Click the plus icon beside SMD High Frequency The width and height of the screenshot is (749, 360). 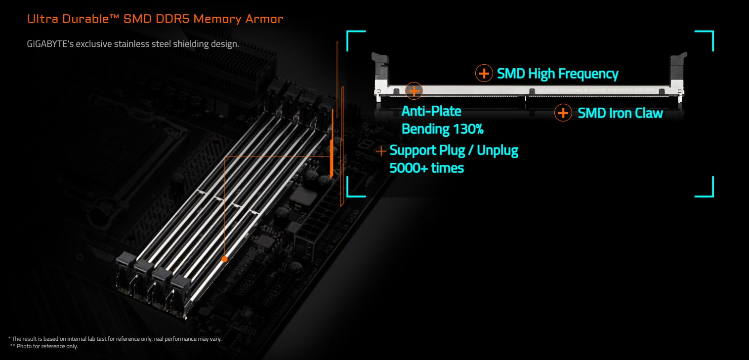(x=484, y=74)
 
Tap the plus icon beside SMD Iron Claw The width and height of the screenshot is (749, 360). (x=563, y=113)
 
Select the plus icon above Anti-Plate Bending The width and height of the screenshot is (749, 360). (x=414, y=90)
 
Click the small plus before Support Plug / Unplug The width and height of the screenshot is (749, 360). (x=381, y=151)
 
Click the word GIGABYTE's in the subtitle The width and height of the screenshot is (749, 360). (x=50, y=44)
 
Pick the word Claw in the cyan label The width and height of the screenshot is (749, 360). (x=646, y=113)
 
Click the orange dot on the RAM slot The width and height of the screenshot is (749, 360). (x=224, y=259)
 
